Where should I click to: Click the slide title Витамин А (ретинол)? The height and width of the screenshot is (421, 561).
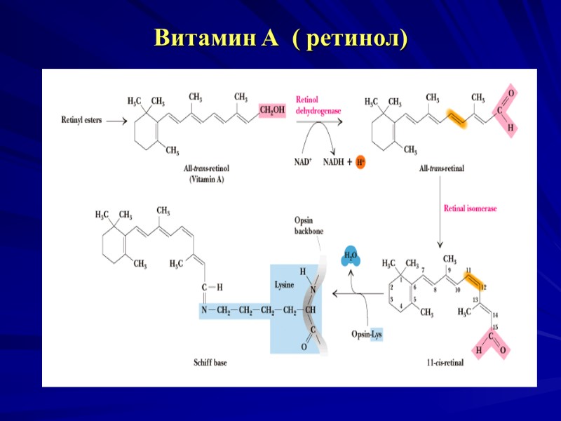tap(280, 37)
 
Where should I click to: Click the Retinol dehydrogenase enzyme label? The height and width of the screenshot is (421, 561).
tap(317, 105)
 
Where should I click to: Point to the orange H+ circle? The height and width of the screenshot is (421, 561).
tap(361, 162)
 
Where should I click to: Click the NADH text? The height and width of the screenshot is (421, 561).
tap(334, 162)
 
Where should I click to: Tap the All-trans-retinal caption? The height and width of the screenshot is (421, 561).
tap(441, 168)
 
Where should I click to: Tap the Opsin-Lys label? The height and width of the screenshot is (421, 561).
tap(367, 335)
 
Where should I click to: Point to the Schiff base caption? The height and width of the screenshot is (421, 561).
tap(210, 363)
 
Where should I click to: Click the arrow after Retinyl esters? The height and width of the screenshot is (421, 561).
tap(116, 120)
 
